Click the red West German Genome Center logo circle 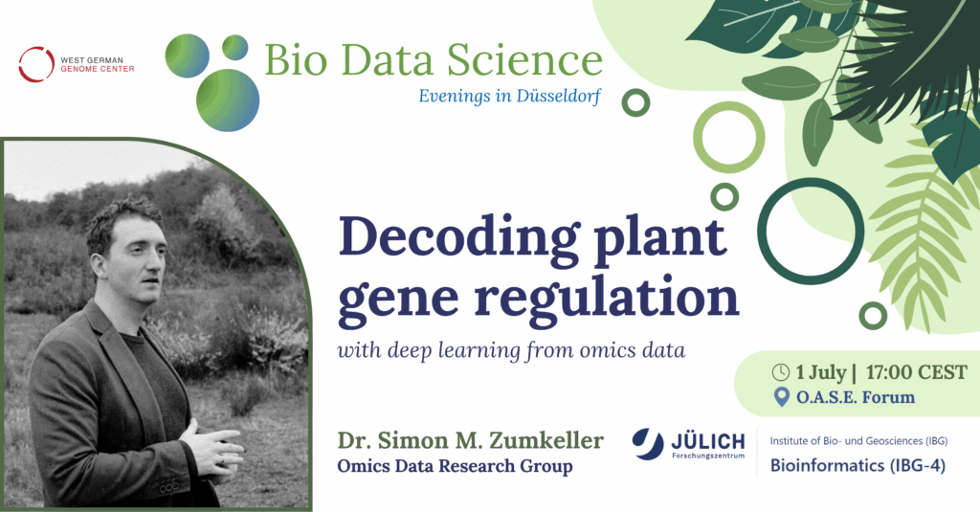click(x=36, y=64)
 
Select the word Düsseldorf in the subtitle click(x=559, y=97)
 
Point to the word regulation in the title click(x=607, y=299)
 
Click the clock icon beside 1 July click(x=781, y=372)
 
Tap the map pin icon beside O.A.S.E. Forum click(x=781, y=397)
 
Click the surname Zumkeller click(x=546, y=440)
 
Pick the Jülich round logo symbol click(x=648, y=444)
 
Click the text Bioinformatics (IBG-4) click(x=857, y=466)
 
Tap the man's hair click(x=122, y=220)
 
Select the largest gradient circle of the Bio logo click(x=228, y=100)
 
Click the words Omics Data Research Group click(x=455, y=466)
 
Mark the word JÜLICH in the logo click(x=708, y=442)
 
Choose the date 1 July click(x=820, y=373)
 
